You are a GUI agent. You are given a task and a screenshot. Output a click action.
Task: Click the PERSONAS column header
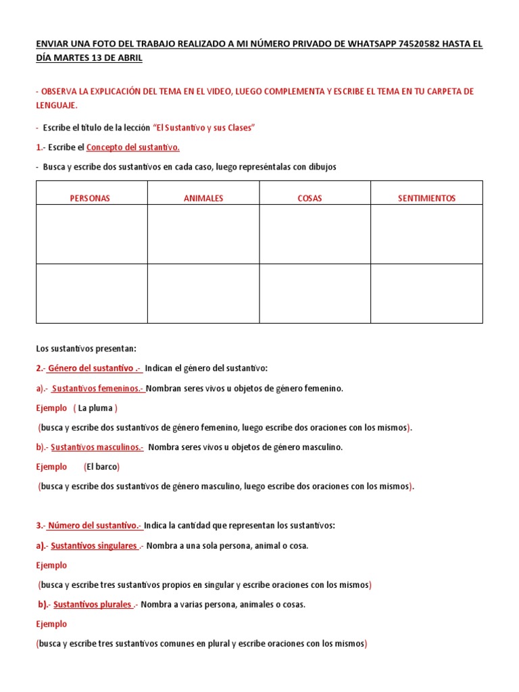(x=91, y=198)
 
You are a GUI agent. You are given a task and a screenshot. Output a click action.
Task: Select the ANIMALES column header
(x=203, y=198)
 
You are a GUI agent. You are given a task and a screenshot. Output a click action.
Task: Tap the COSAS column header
(x=310, y=198)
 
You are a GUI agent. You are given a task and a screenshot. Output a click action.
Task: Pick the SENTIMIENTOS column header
(x=427, y=198)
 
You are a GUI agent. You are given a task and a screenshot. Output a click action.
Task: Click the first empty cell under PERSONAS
(x=91, y=234)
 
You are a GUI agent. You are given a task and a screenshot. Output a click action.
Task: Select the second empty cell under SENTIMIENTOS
(x=427, y=293)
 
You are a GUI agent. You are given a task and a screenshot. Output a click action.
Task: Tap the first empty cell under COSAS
(x=315, y=234)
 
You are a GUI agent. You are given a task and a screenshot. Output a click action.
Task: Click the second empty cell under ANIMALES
(x=203, y=293)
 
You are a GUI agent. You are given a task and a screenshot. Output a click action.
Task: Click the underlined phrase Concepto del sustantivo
(x=133, y=147)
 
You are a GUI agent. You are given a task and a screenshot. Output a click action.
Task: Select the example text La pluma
(x=97, y=408)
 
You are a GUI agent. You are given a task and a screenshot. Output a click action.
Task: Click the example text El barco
(x=102, y=467)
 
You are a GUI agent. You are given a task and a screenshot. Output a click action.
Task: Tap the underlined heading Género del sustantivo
(x=93, y=368)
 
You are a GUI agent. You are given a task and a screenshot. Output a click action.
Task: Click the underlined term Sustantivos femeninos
(x=97, y=389)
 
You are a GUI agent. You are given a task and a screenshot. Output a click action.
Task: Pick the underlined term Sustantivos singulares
(x=95, y=546)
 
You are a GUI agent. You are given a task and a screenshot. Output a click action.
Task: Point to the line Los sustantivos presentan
(x=86, y=349)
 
